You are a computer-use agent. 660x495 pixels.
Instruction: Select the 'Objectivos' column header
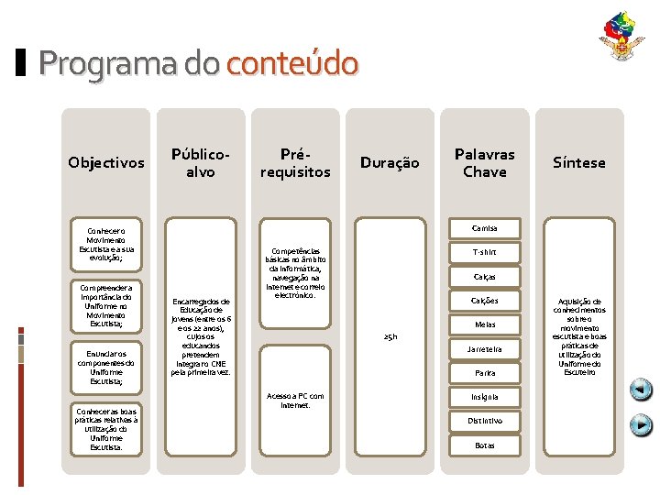[x=106, y=162]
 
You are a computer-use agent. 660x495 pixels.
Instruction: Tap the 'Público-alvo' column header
[x=200, y=162]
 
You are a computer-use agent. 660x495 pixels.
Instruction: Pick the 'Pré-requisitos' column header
[x=295, y=162]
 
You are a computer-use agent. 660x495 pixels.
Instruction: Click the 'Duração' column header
[x=390, y=162]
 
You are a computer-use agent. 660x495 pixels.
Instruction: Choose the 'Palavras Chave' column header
[x=484, y=162]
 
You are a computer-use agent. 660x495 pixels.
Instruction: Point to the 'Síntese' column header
[x=579, y=162]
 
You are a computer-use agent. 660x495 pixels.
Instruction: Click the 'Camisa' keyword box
[x=484, y=227]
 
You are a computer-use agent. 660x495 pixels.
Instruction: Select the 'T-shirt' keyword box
[x=484, y=252]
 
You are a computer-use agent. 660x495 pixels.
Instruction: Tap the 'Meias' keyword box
[x=484, y=324]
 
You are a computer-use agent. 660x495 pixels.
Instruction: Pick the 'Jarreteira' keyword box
[x=484, y=349]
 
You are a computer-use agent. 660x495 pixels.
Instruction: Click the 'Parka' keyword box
[x=484, y=373]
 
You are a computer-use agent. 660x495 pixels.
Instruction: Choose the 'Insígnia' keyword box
[x=484, y=397]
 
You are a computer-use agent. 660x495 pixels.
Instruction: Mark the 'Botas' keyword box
[x=484, y=445]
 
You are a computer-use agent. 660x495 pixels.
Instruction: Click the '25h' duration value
[x=390, y=337]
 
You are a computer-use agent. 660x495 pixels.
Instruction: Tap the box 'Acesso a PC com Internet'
[x=295, y=400]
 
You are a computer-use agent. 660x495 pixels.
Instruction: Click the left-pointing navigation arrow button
[x=642, y=390]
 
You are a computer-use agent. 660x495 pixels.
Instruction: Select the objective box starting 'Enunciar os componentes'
[x=106, y=367]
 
